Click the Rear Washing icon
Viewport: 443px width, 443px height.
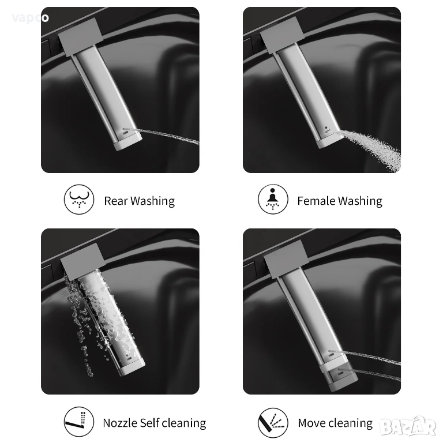[79, 200]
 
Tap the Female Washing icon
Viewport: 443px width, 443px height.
[273, 199]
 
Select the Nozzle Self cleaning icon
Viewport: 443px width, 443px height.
[79, 422]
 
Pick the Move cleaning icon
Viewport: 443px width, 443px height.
[273, 423]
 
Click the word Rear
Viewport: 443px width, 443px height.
[115, 201]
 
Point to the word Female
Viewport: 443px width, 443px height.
[316, 201]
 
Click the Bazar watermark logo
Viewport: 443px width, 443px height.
[408, 427]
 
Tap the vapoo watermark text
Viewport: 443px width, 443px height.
[31, 18]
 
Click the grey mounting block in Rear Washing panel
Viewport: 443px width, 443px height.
[81, 37]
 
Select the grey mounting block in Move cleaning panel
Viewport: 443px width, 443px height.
[286, 258]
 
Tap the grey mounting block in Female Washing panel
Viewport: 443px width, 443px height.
[282, 35]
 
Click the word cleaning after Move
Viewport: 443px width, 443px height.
[350, 423]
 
